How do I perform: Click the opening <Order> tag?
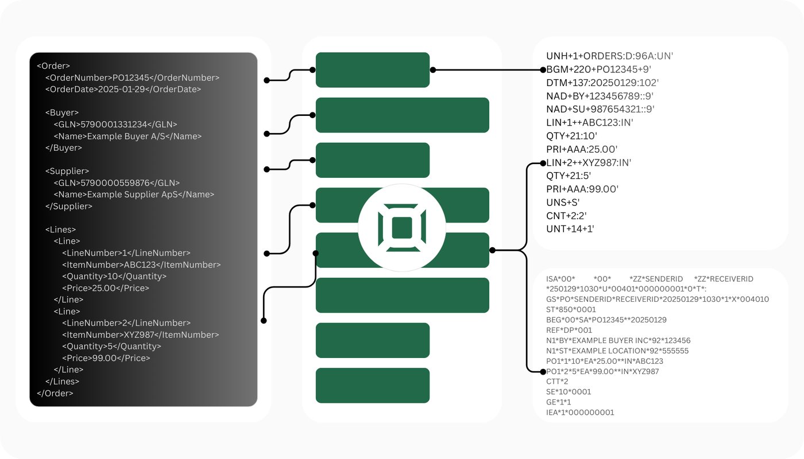[x=53, y=66]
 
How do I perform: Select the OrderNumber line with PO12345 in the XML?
[x=132, y=77]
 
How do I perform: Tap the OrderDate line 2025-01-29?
[x=123, y=90]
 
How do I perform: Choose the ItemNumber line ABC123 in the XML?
[x=141, y=265]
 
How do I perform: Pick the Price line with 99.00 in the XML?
[x=106, y=358]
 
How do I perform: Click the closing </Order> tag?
[x=55, y=393]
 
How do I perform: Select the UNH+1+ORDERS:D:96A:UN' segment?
[x=609, y=56]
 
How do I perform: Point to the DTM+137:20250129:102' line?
[x=602, y=83]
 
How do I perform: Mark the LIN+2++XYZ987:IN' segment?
[x=589, y=163]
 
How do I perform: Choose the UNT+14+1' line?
[x=570, y=229]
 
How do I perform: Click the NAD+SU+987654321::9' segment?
[x=600, y=109]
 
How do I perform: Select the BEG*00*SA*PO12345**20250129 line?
[x=606, y=320]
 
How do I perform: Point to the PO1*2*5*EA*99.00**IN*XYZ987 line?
[x=602, y=372]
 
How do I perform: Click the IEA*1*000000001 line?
[x=580, y=413]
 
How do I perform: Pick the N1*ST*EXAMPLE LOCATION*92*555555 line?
[x=617, y=351]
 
